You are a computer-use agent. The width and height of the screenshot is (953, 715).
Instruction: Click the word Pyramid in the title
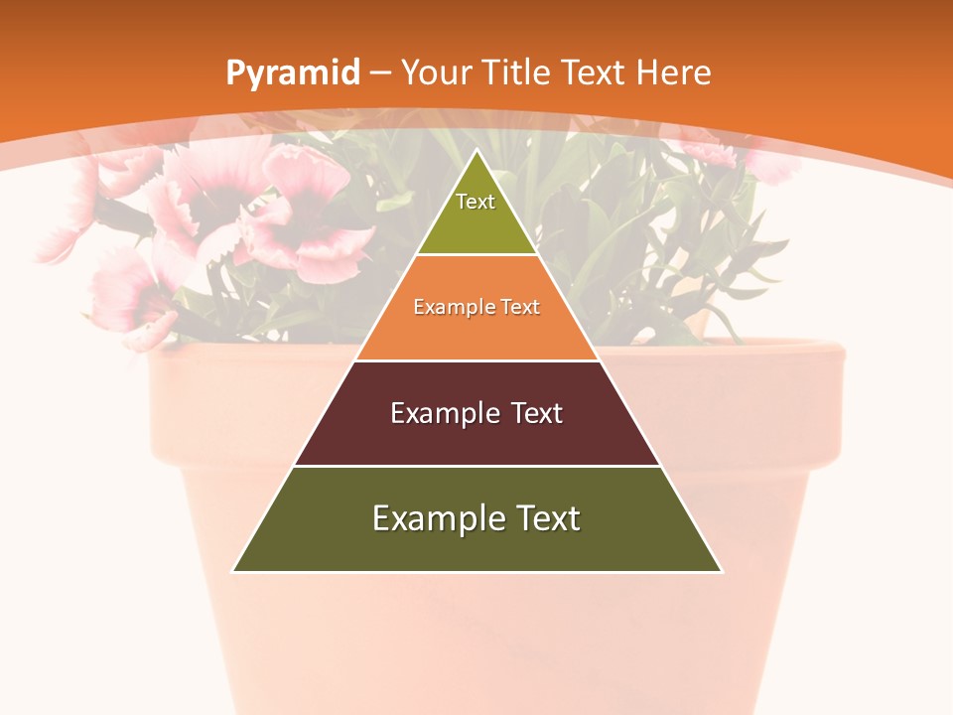pyautogui.click(x=292, y=72)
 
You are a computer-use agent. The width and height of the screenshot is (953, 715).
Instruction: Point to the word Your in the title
pyautogui.click(x=437, y=72)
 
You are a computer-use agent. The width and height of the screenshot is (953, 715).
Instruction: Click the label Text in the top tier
pyautogui.click(x=476, y=202)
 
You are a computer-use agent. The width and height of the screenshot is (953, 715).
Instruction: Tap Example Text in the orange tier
pyautogui.click(x=476, y=307)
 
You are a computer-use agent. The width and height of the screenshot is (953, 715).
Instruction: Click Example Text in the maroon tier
pyautogui.click(x=476, y=413)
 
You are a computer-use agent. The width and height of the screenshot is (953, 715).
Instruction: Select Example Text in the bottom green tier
pyautogui.click(x=476, y=518)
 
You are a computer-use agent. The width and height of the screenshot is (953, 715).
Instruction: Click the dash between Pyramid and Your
pyautogui.click(x=380, y=73)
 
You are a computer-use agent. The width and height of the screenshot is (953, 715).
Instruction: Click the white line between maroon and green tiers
pyautogui.click(x=476, y=466)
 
